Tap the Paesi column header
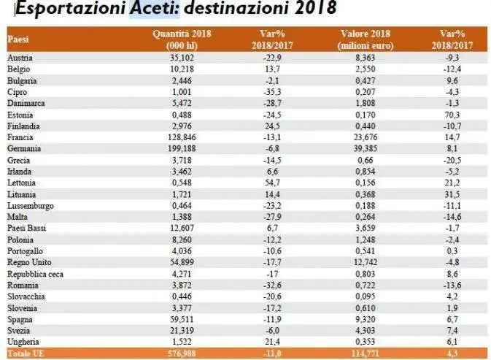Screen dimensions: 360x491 click(x=18, y=39)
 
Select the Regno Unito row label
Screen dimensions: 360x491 click(x=28, y=261)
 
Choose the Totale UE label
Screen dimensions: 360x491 click(x=25, y=353)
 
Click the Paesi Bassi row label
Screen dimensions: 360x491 click(x=26, y=226)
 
